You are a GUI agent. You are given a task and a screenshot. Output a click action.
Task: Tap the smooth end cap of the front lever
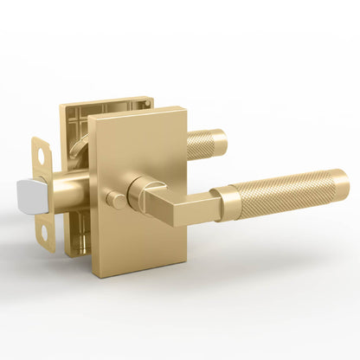click(339, 183)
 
